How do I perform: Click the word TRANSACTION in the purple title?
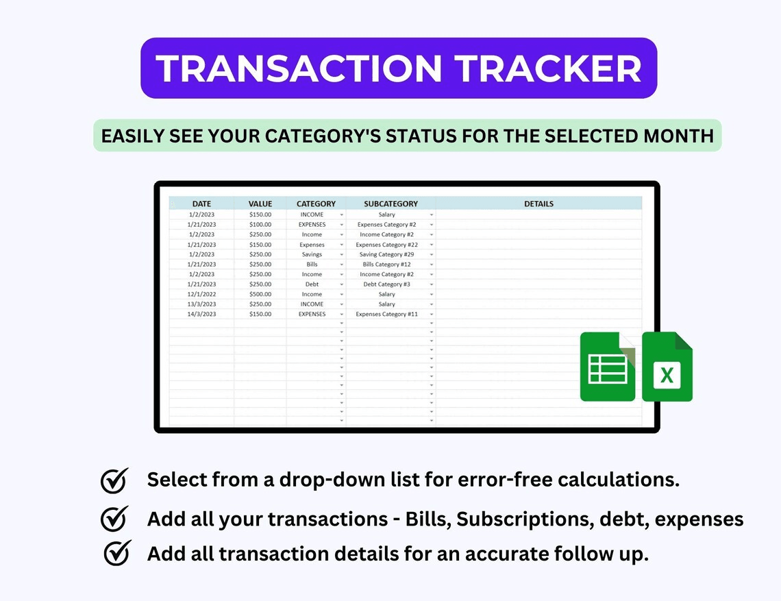click(x=298, y=69)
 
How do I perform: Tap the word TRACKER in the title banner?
click(x=548, y=69)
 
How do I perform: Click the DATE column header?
click(x=201, y=204)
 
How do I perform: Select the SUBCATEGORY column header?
click(x=390, y=204)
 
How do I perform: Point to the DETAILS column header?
click(x=539, y=204)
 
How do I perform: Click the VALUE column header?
click(x=260, y=204)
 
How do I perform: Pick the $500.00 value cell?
click(x=260, y=294)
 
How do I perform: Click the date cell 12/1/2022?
click(x=201, y=294)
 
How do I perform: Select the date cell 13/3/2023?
click(x=201, y=304)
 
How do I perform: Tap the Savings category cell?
click(x=312, y=254)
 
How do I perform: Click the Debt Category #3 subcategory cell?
click(x=386, y=284)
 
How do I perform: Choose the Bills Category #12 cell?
click(x=386, y=264)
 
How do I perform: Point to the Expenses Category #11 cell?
click(x=386, y=314)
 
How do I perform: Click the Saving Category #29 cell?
click(x=386, y=254)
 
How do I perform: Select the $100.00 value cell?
click(x=260, y=224)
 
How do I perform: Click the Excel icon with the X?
click(x=667, y=367)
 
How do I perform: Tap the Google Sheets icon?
click(x=608, y=367)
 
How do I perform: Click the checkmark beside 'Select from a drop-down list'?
click(x=114, y=480)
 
